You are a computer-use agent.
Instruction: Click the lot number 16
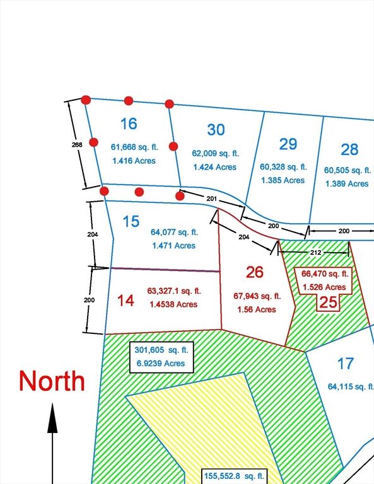[129, 123]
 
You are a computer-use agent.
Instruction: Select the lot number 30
[216, 130]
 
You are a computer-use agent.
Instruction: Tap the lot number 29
[288, 144]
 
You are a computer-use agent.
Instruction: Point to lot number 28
[349, 149]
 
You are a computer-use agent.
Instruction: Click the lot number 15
[131, 222]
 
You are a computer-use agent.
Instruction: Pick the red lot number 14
[126, 301]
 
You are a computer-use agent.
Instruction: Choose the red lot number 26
[254, 272]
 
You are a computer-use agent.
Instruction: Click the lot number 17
[345, 364]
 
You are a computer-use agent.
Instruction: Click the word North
[52, 381]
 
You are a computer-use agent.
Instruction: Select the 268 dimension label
[76, 144]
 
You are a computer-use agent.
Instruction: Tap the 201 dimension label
[213, 199]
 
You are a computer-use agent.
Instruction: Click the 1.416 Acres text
[134, 161]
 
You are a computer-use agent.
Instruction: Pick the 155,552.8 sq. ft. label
[235, 476]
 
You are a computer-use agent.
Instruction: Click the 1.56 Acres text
[257, 309]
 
